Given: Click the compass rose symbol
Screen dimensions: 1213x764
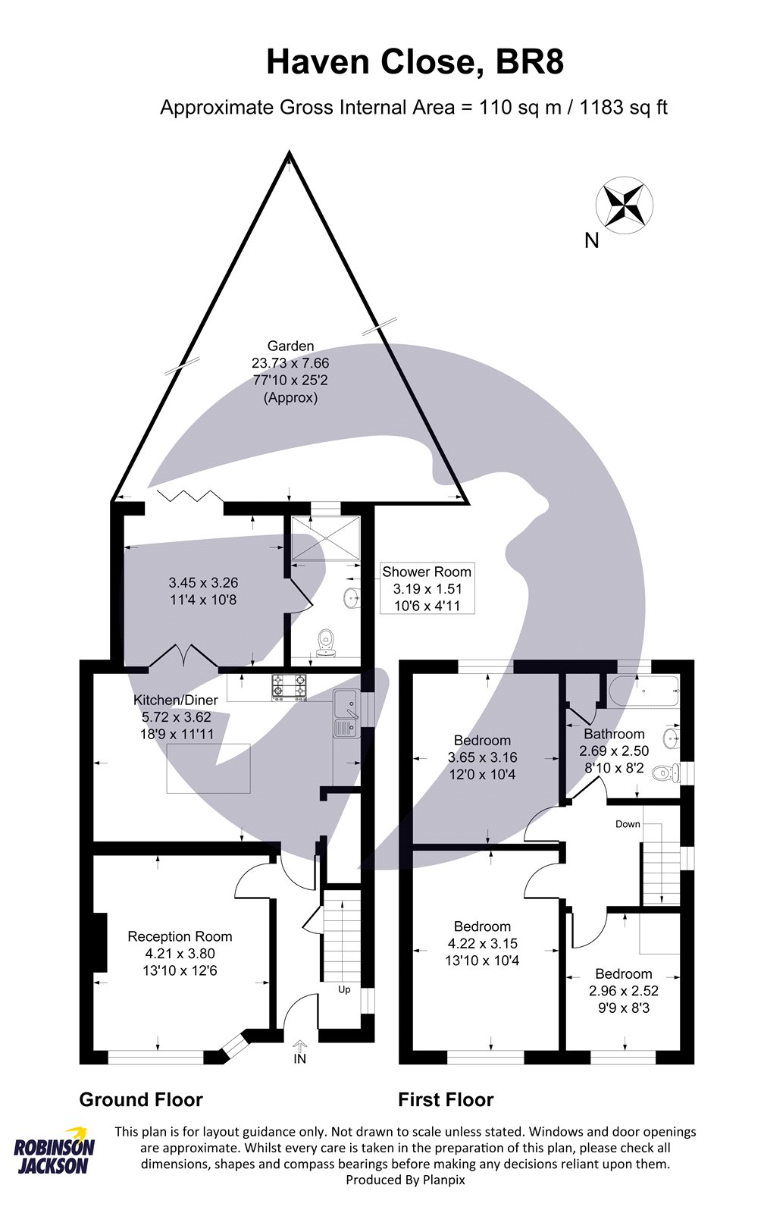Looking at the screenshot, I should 625,205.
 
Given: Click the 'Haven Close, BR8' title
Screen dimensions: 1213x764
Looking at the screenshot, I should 415,62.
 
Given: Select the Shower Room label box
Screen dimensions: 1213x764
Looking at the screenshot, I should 427,588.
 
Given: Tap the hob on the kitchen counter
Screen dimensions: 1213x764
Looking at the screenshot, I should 290,687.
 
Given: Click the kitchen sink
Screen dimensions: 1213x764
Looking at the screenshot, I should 346,713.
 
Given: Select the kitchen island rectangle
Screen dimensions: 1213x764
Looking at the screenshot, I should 209,768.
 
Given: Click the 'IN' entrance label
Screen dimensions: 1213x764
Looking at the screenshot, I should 299,1058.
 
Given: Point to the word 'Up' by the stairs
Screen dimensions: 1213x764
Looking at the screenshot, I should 344,989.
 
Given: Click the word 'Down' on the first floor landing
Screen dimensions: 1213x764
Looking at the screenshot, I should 628,824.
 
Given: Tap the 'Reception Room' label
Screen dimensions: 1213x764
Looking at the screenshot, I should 180,936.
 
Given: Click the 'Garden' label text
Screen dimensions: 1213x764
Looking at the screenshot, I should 290,346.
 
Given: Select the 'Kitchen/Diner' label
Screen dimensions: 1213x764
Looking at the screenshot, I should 175,700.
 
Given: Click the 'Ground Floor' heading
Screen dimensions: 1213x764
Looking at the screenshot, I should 141,1099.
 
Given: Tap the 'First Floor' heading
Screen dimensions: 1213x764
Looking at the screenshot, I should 446,1099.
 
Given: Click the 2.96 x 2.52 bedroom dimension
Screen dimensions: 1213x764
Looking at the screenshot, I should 623,991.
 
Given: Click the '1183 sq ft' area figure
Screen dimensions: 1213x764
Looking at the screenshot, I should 623,107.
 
